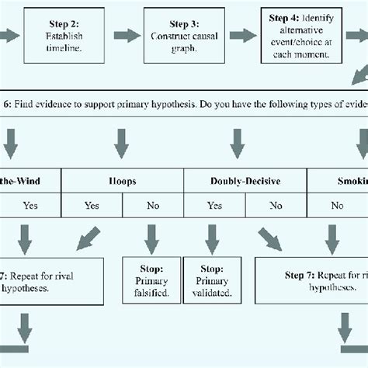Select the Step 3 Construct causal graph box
(183, 36)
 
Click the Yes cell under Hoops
(92, 206)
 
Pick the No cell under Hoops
(154, 206)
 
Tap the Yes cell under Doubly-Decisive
(215, 206)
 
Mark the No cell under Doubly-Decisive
(276, 206)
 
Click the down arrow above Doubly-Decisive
(238, 144)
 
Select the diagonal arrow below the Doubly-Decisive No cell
(270, 239)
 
